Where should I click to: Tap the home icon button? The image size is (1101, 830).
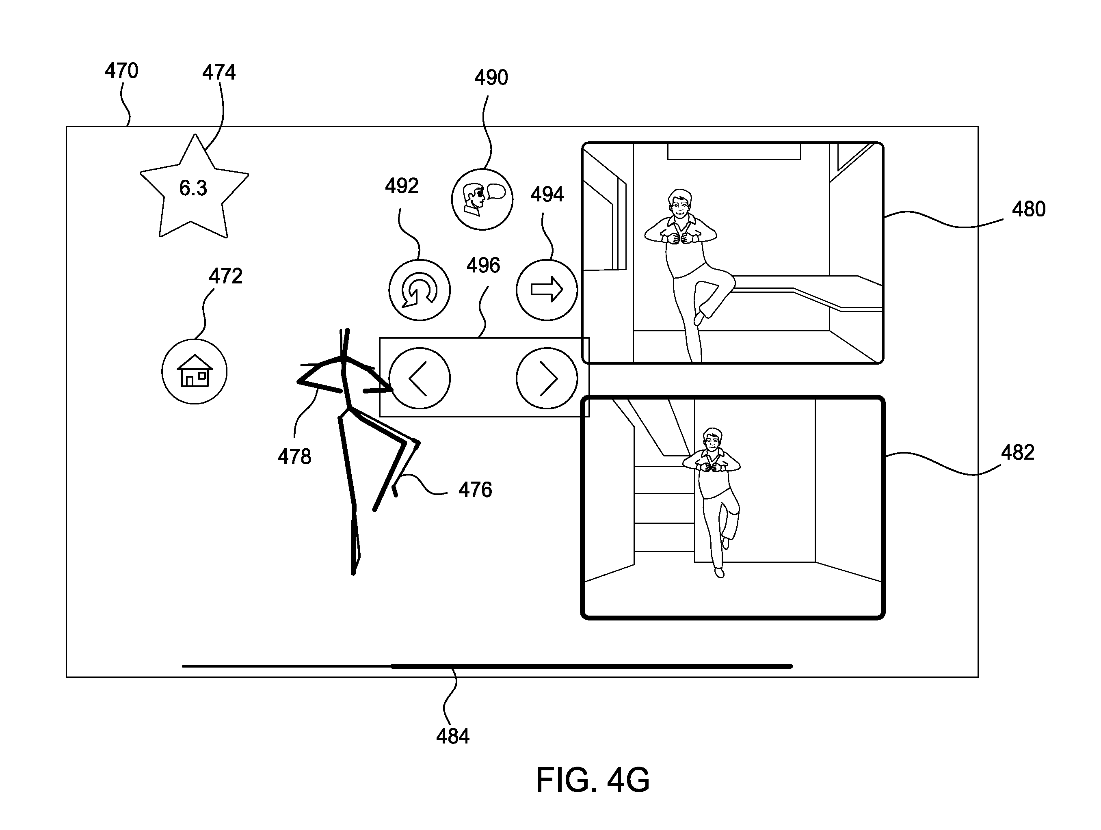pos(195,372)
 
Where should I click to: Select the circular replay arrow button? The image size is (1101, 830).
pos(420,290)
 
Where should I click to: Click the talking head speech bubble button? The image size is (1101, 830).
pos(482,199)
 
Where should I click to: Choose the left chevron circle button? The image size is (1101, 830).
pos(420,378)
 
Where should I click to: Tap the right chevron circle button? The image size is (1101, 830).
pos(547,378)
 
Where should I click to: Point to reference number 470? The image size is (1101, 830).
pos(121,71)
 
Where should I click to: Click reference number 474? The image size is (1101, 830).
pos(219,72)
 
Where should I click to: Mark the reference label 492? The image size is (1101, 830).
pos(402,186)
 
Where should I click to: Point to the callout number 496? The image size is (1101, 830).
pos(483,265)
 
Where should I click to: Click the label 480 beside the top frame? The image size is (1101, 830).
pos(1029,209)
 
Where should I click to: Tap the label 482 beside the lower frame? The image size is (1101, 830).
pos(1018,452)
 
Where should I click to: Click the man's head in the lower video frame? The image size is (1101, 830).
pos(713,440)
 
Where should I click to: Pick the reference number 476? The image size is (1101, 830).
pos(475,490)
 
